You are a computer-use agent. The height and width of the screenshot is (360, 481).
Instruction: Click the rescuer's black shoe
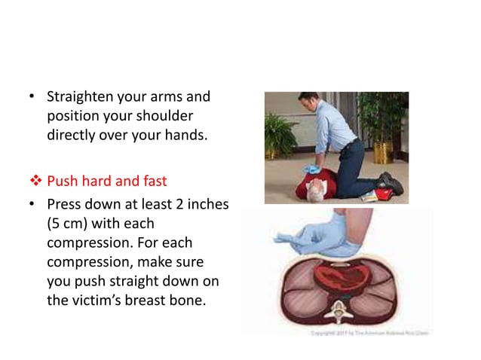(x=391, y=182)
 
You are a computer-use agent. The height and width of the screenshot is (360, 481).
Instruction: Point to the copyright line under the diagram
(x=375, y=331)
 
